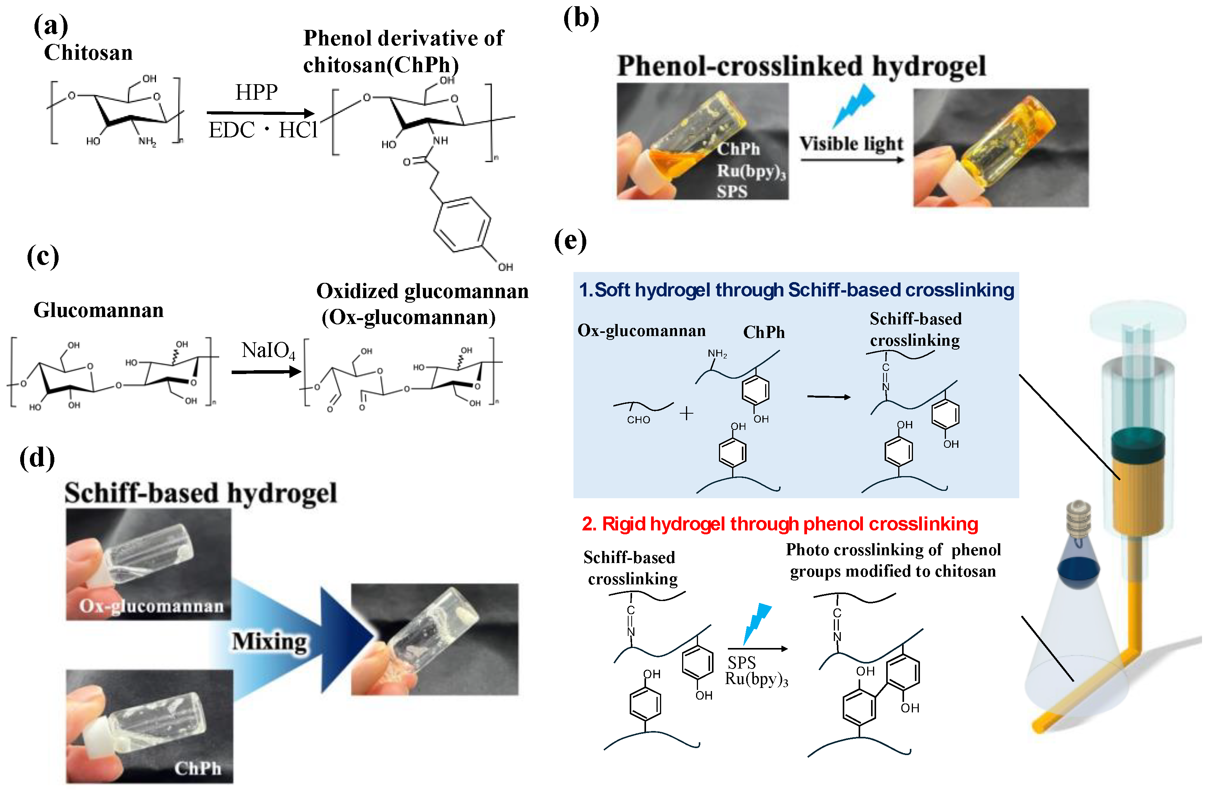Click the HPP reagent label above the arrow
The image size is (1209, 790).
coord(256,92)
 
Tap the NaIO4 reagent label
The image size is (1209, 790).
coord(268,350)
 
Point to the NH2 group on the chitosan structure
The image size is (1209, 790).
coord(147,142)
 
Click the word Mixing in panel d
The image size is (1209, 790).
coord(269,641)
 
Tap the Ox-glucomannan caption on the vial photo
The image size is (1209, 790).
coord(151,606)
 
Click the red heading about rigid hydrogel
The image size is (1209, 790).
coord(780,524)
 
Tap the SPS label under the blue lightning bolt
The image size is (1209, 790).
coord(741,662)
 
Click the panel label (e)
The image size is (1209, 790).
coord(570,240)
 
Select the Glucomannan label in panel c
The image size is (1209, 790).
coord(99,310)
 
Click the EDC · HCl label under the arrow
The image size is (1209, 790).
coord(263,130)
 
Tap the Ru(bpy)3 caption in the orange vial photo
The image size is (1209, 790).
coord(751,171)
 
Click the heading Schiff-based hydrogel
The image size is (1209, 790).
coord(201,493)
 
